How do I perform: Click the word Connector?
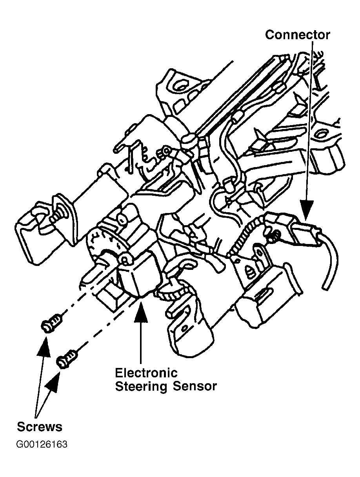pyautogui.click(x=297, y=35)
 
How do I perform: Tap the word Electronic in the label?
pyautogui.click(x=146, y=373)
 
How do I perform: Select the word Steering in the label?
pyautogui.click(x=141, y=387)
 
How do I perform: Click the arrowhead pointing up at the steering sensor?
pyautogui.click(x=141, y=310)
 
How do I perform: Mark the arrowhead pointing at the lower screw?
pyautogui.click(x=53, y=379)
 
